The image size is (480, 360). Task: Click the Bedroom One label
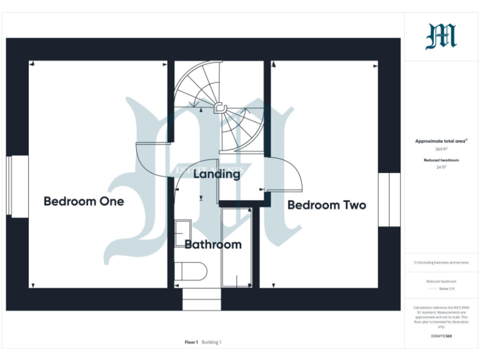coord(84,201)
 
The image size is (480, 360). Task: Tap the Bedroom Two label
coord(326,205)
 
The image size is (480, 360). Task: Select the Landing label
coord(216,174)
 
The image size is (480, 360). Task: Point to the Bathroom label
coord(212,244)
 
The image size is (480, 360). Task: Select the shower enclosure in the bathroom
coord(236,247)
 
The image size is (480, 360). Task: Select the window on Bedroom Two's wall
coord(389,199)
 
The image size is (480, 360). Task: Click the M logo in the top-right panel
coord(441,37)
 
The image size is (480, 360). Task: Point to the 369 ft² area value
coord(441,149)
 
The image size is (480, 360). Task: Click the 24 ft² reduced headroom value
coord(441,167)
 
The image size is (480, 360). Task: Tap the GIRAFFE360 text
coord(441,337)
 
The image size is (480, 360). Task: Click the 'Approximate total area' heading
coord(441,141)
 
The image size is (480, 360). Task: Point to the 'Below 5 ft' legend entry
coord(446,289)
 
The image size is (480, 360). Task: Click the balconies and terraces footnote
coord(441,262)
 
